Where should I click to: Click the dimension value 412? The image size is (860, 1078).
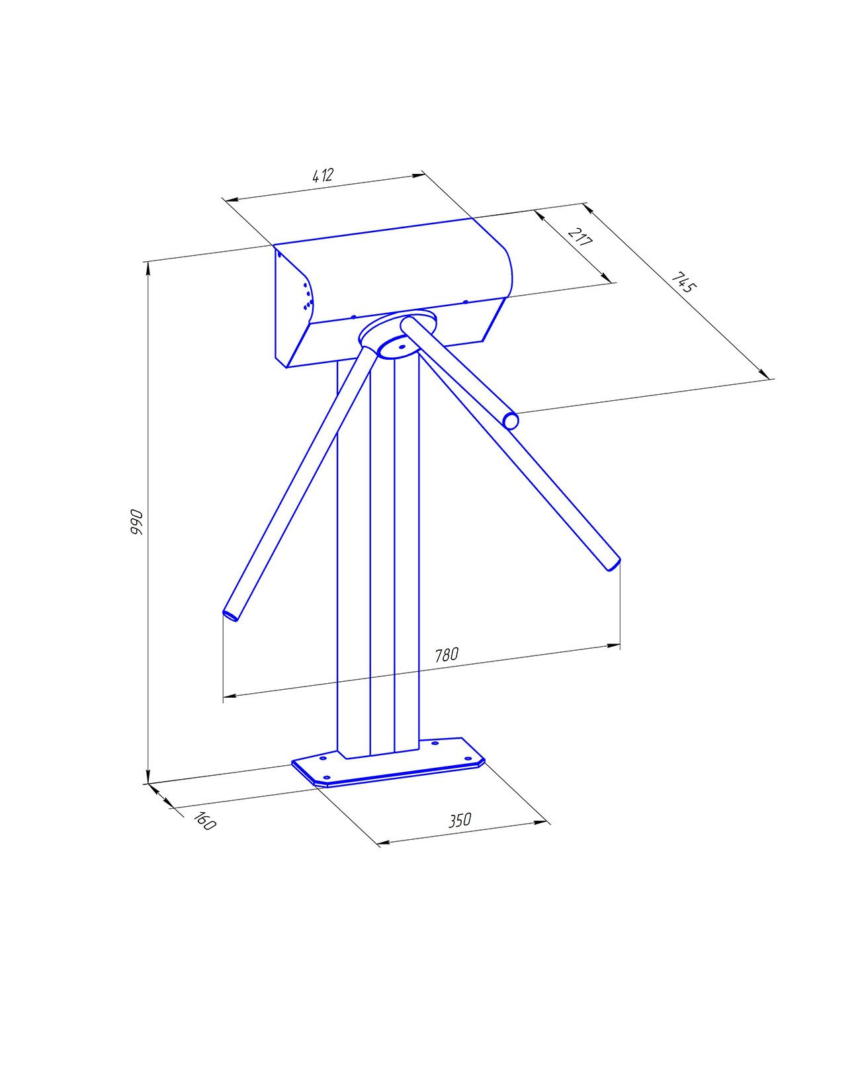(x=323, y=175)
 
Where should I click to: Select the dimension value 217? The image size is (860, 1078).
(x=580, y=236)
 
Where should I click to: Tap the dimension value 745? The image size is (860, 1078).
(x=683, y=283)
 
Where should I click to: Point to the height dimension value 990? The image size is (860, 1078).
(x=136, y=522)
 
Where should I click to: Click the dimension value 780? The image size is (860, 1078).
(x=446, y=655)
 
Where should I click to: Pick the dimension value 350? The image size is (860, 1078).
(x=460, y=821)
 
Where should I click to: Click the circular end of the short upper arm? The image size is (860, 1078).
(x=511, y=421)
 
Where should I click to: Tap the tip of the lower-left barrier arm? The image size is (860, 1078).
(x=230, y=615)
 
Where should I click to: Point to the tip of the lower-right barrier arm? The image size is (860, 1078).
(x=615, y=565)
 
